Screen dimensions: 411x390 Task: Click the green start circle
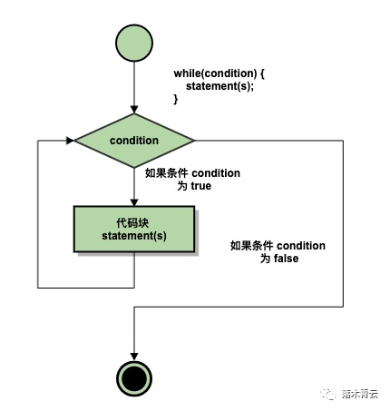pyautogui.click(x=133, y=44)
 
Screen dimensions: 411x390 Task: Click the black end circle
pyautogui.click(x=133, y=377)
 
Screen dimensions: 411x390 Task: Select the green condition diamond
pyautogui.click(x=134, y=141)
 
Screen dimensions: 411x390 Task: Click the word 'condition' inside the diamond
pyautogui.click(x=134, y=141)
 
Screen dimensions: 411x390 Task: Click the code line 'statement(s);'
pyautogui.click(x=220, y=86)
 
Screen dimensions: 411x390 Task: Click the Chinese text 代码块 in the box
pyautogui.click(x=134, y=221)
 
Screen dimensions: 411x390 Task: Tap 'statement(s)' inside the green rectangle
pyautogui.click(x=134, y=237)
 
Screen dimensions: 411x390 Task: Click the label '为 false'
pyautogui.click(x=279, y=259)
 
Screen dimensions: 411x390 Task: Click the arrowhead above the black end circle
pyautogui.click(x=133, y=352)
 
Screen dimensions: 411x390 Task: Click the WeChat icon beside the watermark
pyautogui.click(x=327, y=395)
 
